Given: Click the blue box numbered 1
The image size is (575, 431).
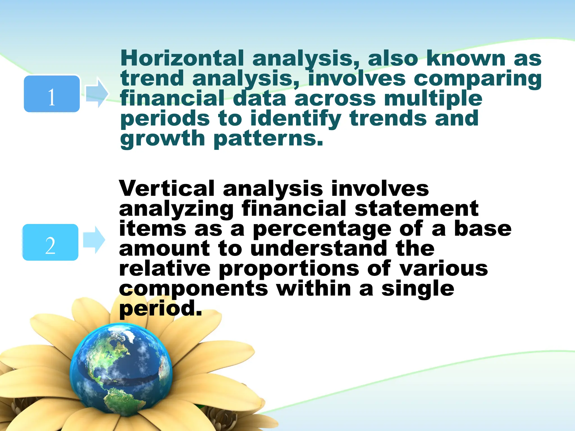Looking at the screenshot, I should coord(52,94).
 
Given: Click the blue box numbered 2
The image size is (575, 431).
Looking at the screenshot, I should coord(51,242).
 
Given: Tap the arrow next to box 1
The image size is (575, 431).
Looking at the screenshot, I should coord(97,93).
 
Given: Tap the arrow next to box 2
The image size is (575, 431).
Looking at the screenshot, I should coord(94,240).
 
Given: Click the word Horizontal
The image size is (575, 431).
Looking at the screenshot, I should coord(182,58).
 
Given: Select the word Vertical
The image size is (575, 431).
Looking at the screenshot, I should coord(167,189).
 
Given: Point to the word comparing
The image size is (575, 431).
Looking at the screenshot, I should coord(477,79).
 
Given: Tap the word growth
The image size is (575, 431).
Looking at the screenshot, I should coord(163,139).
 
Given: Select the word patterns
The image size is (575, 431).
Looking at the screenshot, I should coord(268,139).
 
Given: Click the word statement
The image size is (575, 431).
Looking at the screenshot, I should coord(416,209).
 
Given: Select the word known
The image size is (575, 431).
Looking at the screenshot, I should coord(466,58).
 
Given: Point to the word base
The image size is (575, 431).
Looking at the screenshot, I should coord(483,229).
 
